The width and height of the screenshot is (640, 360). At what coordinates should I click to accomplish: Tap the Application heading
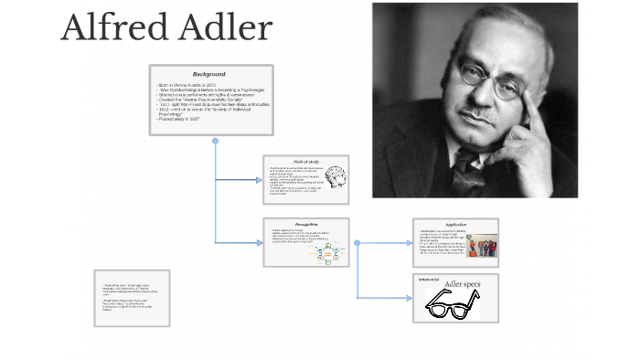point(455,224)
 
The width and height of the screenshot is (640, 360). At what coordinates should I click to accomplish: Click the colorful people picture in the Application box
point(482,247)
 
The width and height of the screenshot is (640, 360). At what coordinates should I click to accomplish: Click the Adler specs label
point(461,285)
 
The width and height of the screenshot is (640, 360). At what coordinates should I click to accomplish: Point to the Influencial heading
point(430,279)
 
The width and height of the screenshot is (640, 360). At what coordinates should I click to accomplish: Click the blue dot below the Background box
point(216,142)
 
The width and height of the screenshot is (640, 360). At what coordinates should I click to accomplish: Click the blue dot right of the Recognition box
point(357,243)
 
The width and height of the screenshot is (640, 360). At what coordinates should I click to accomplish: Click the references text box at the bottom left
point(132,298)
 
